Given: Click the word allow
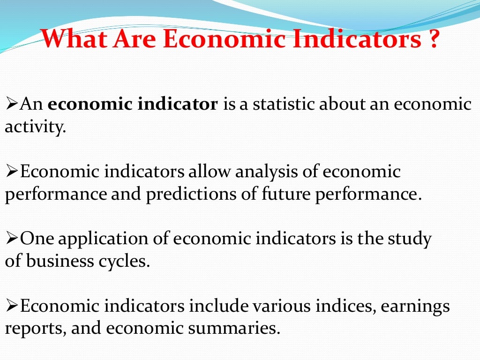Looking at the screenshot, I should [x=210, y=172].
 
